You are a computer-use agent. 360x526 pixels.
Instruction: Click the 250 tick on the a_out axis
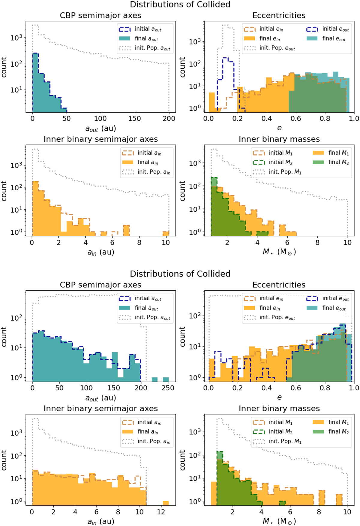click(168, 388)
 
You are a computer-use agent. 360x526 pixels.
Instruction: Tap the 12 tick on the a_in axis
click(161, 512)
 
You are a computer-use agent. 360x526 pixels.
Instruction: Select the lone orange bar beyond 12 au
click(166, 503)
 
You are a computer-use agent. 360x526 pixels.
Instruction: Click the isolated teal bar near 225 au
click(154, 379)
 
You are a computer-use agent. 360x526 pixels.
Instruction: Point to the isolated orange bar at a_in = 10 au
click(166, 233)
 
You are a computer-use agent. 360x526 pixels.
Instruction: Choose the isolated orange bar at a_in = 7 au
click(126, 230)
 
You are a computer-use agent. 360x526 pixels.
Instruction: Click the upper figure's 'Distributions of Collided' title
click(180, 5)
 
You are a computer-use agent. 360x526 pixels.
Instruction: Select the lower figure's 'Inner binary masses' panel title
click(279, 409)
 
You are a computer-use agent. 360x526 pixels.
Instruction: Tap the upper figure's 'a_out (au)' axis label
click(100, 128)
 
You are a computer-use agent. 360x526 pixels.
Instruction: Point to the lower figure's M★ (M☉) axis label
click(279, 521)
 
